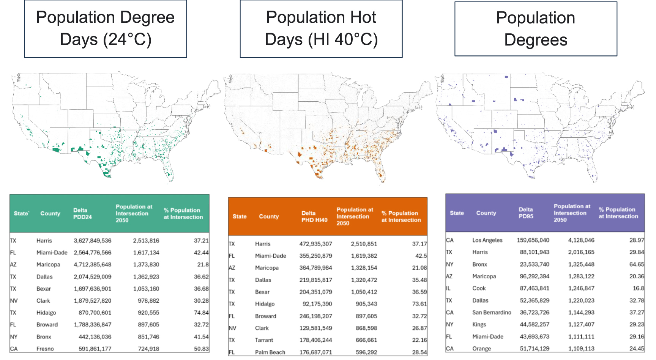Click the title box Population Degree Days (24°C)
pos(106,29)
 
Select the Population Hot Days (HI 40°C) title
pos(321,29)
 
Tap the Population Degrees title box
pos(536,29)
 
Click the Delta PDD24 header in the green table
pos(82,214)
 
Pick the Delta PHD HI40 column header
pos(314,217)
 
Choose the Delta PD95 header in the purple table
pos(526,213)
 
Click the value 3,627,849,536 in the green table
pos(93,241)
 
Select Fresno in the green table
pos(45,349)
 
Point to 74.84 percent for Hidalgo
pos(201,313)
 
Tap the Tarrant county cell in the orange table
pos(264,340)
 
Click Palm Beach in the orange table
pos(270,352)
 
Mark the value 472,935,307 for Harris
pos(315,244)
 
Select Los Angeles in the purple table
pos(487,240)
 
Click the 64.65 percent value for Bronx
pos(636,264)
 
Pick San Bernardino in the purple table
pos(492,313)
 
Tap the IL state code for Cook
pos(448,288)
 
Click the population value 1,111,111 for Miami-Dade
pos(581,336)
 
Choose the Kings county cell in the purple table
pos(479,324)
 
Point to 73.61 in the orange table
pos(419,304)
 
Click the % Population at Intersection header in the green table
pos(183,214)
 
